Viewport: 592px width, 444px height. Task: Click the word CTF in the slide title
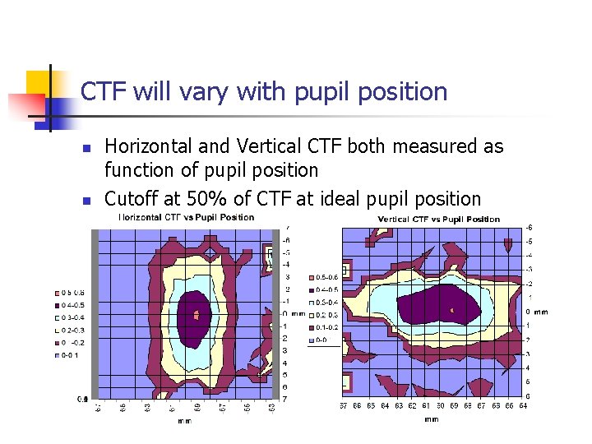(104, 91)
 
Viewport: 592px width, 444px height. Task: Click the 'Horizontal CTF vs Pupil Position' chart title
(187, 217)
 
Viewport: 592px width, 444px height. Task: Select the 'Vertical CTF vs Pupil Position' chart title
(438, 219)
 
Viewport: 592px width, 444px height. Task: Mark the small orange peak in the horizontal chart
(196, 314)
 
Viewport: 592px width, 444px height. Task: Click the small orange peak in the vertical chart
(452, 310)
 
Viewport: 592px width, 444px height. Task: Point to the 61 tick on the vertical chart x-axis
(425, 405)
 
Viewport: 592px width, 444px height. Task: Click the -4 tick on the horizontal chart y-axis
(285, 264)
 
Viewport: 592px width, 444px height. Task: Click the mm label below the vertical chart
(432, 419)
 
